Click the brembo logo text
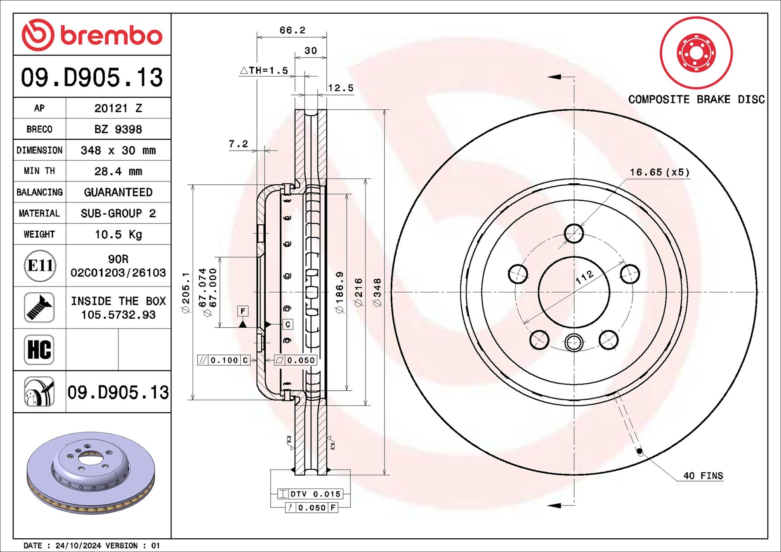click(111, 35)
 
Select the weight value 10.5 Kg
click(118, 235)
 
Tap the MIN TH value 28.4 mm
click(118, 171)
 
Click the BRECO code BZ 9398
click(118, 129)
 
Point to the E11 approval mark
click(40, 265)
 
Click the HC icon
click(39, 350)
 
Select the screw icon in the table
click(39, 308)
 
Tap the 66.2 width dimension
click(292, 30)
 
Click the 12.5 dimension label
click(341, 88)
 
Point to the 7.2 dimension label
click(238, 144)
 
